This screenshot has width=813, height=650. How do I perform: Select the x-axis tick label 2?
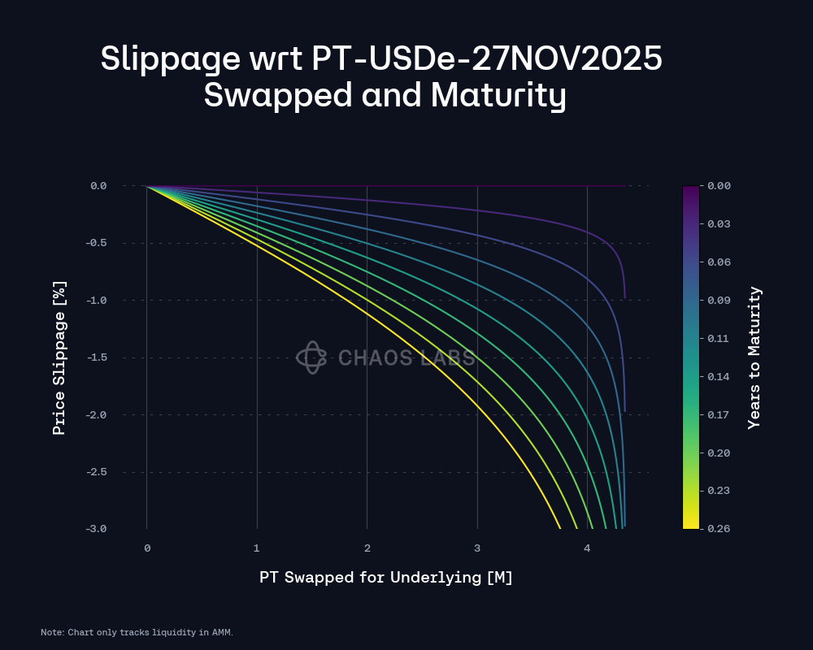pyautogui.click(x=367, y=548)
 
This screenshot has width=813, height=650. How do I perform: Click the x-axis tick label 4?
pyautogui.click(x=587, y=548)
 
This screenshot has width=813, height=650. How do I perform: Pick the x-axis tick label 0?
pyautogui.click(x=147, y=548)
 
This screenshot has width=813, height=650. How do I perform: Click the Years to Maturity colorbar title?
pyautogui.click(x=754, y=357)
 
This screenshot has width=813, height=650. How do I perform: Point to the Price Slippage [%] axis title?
pyautogui.click(x=59, y=357)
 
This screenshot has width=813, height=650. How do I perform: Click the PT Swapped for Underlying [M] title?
pyautogui.click(x=386, y=578)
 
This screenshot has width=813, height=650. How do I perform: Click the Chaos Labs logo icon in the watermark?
pyautogui.click(x=311, y=357)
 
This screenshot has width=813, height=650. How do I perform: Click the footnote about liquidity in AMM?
pyautogui.click(x=137, y=632)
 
